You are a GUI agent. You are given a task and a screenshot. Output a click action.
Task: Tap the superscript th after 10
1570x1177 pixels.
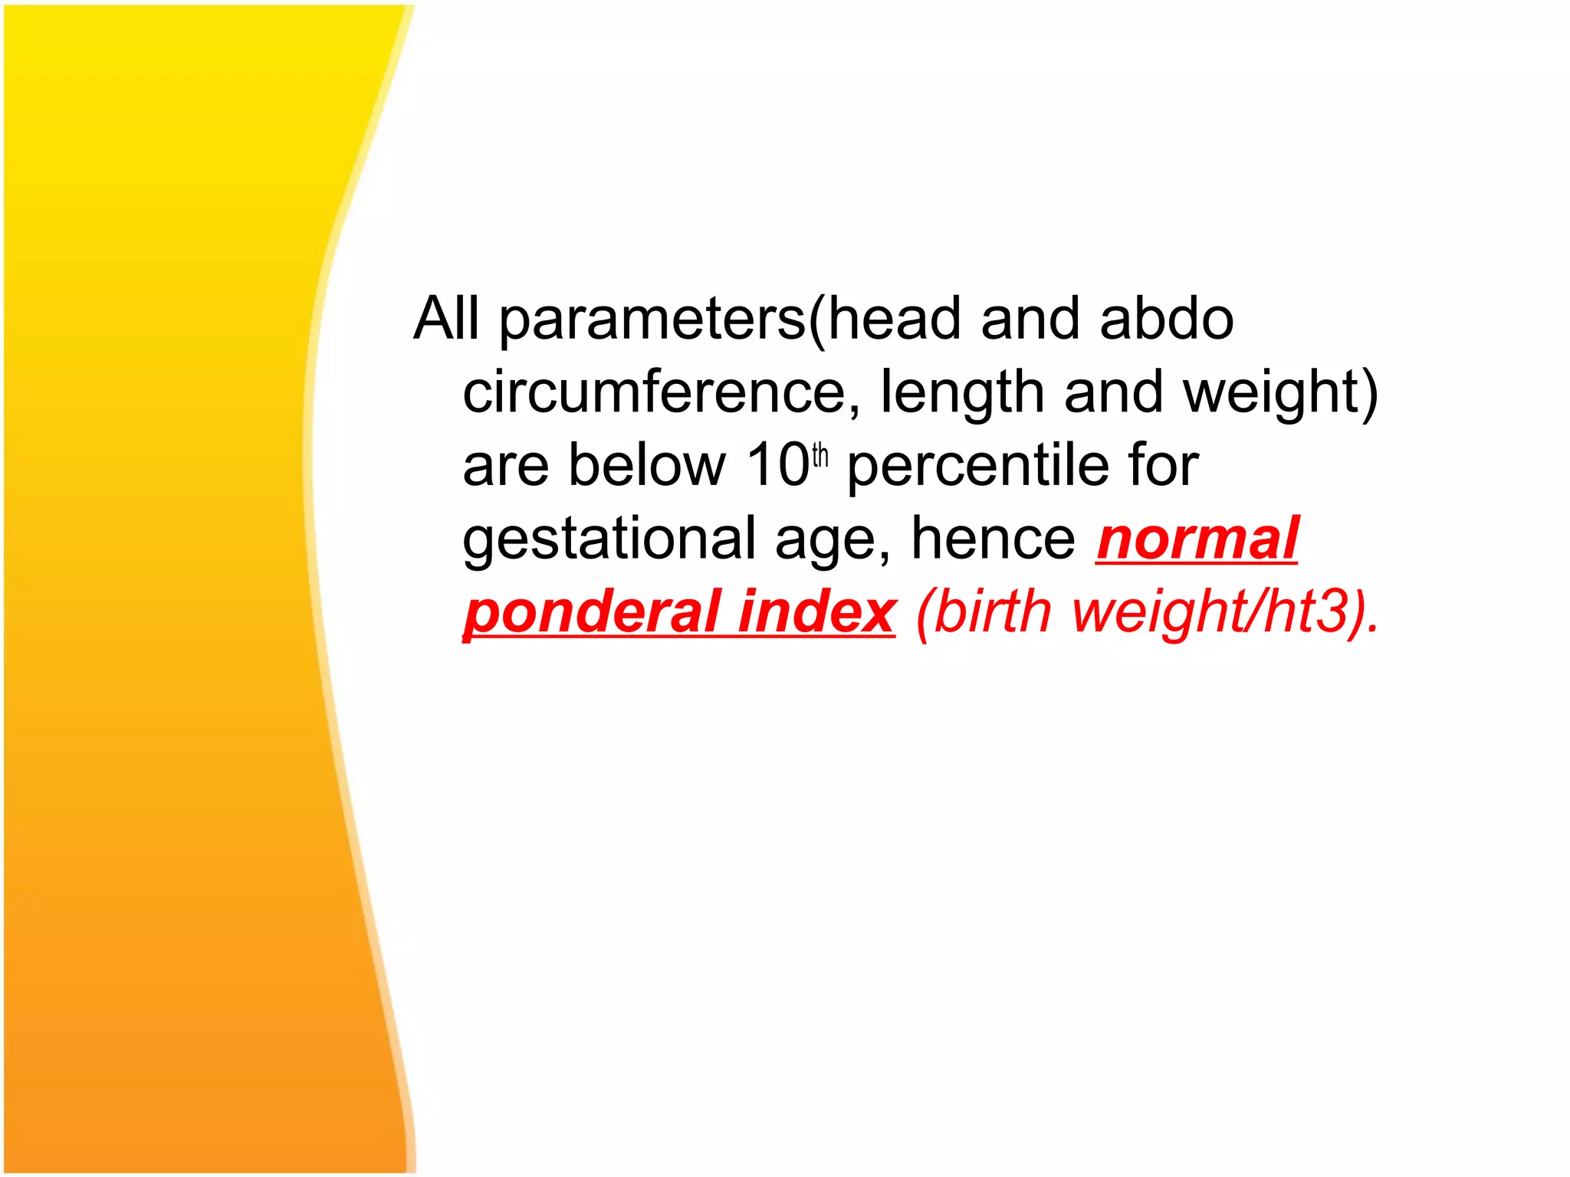820,455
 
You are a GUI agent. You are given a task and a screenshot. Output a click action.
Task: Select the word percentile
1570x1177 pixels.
977,466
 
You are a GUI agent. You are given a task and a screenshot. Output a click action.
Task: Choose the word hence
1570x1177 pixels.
994,538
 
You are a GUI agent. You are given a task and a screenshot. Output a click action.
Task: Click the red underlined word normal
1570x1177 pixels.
1197,539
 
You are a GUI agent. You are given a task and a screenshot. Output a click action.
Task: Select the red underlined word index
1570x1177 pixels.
816,611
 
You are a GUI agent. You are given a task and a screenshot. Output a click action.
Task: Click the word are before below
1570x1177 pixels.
506,466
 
